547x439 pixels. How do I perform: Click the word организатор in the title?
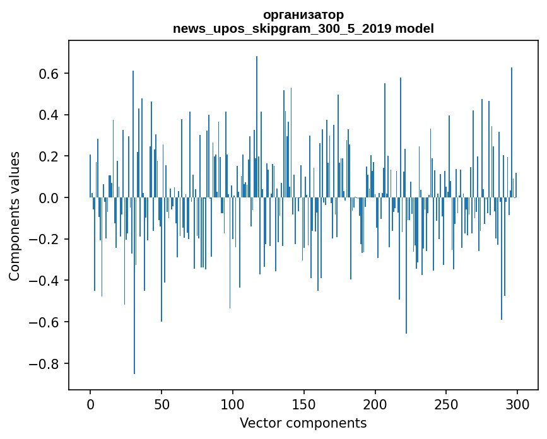[303, 15]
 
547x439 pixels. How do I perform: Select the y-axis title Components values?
[15, 216]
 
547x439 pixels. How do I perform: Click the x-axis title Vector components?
[303, 423]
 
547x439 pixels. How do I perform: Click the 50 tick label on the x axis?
[162, 404]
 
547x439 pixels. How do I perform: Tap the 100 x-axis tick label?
[233, 404]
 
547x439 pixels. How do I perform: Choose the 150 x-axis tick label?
[304, 404]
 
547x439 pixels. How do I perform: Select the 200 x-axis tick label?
[375, 404]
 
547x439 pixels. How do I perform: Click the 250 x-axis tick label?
[446, 404]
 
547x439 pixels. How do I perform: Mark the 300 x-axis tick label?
[517, 404]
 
